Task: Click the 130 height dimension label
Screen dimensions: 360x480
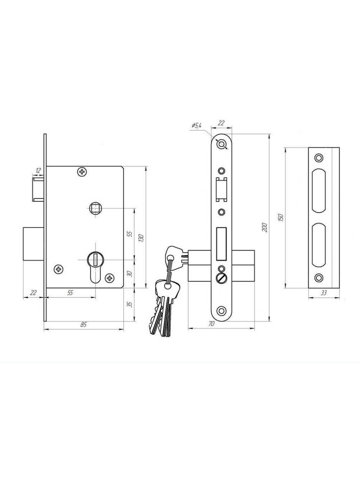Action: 141,238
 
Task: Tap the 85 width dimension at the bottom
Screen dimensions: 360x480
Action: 84,325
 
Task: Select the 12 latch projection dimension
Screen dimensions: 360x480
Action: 38,171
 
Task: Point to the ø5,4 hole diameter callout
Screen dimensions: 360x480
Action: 196,126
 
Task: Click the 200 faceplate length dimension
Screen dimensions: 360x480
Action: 265,227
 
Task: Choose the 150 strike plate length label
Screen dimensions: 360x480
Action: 281,217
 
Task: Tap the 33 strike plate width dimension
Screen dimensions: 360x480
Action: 324,293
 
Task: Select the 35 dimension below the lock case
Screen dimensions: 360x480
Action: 130,304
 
